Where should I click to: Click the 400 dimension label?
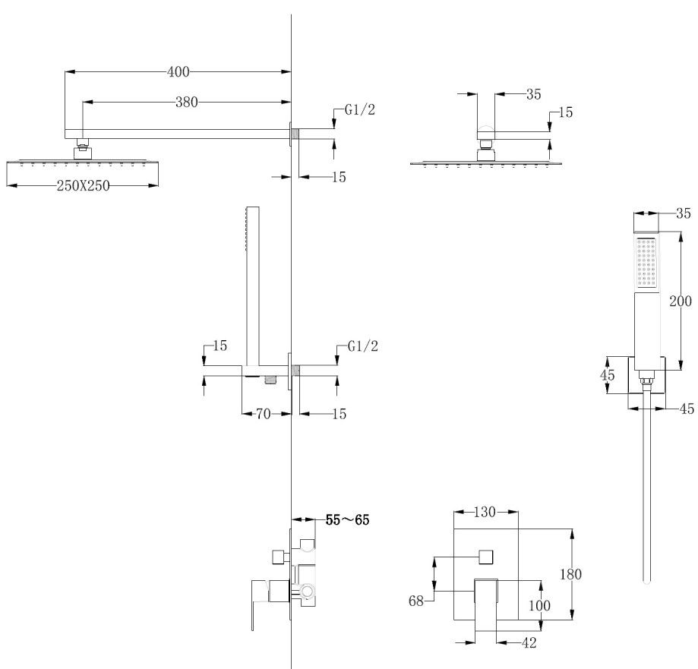pyautogui.click(x=178, y=72)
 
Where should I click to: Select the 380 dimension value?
pyautogui.click(x=186, y=103)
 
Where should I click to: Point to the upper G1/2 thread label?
pyautogui.click(x=359, y=110)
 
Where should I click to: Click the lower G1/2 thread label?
pyautogui.click(x=362, y=346)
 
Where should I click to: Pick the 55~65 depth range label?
pyautogui.click(x=347, y=520)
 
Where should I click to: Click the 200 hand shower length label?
pyautogui.click(x=680, y=301)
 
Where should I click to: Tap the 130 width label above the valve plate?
pyautogui.click(x=485, y=513)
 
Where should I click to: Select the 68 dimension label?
pyautogui.click(x=415, y=601)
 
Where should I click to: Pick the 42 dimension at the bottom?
pyautogui.click(x=529, y=642)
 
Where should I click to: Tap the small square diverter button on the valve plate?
pyautogui.click(x=485, y=556)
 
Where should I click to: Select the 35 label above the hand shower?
pyautogui.click(x=682, y=213)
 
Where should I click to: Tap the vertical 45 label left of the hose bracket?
pyautogui.click(x=607, y=375)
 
